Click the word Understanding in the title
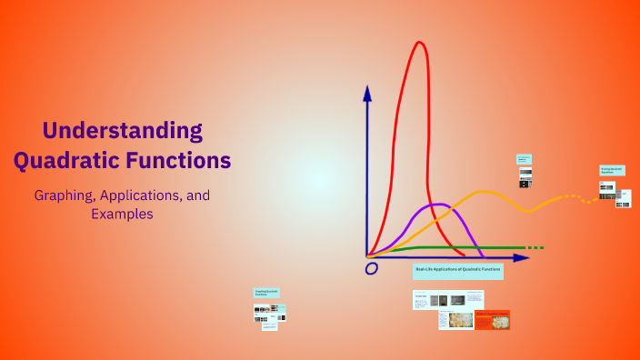[122, 130]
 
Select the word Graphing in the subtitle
[65, 195]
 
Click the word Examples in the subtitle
[122, 215]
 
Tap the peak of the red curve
[419, 44]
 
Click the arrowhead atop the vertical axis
[367, 92]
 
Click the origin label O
[371, 269]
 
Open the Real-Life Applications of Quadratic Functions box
[457, 270]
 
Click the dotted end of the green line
[535, 247]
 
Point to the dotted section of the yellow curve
[578, 197]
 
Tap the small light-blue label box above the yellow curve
[524, 159]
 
